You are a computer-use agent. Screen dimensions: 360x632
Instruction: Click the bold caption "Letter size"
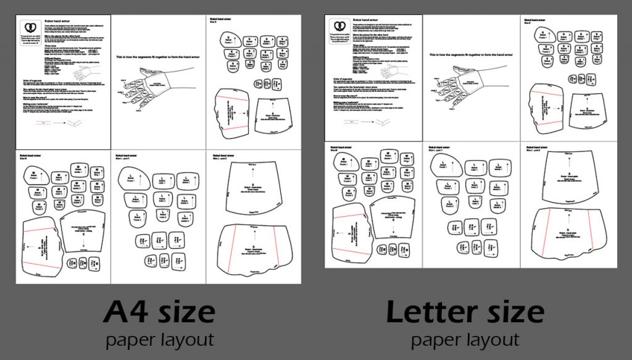tap(465, 312)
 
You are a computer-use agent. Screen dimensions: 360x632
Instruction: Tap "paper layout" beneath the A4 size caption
tap(159, 340)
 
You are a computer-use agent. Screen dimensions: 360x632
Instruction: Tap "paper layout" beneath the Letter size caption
tap(465, 340)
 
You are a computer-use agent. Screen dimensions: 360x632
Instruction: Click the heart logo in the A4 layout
tap(29, 28)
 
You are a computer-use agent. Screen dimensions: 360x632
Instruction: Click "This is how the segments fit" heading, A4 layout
tap(158, 57)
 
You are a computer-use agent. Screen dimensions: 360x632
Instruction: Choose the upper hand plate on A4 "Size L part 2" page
tap(252, 188)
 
